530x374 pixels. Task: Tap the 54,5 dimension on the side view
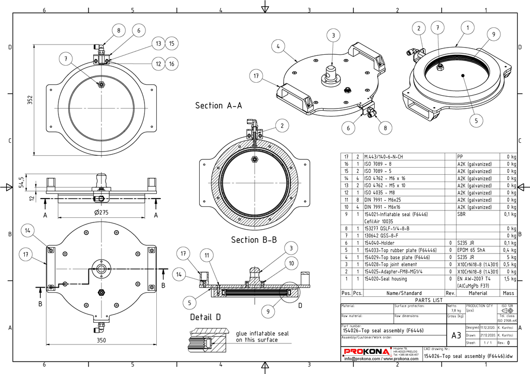tap(21, 184)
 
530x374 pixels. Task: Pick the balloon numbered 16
tap(172, 64)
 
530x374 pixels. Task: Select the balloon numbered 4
tap(278, 47)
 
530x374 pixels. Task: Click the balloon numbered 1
tap(467, 27)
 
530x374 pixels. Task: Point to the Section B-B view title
tap(252, 240)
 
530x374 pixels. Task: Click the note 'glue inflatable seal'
tap(262, 334)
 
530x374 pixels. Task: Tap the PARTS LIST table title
tap(429, 300)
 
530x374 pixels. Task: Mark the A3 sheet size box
tap(456, 335)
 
